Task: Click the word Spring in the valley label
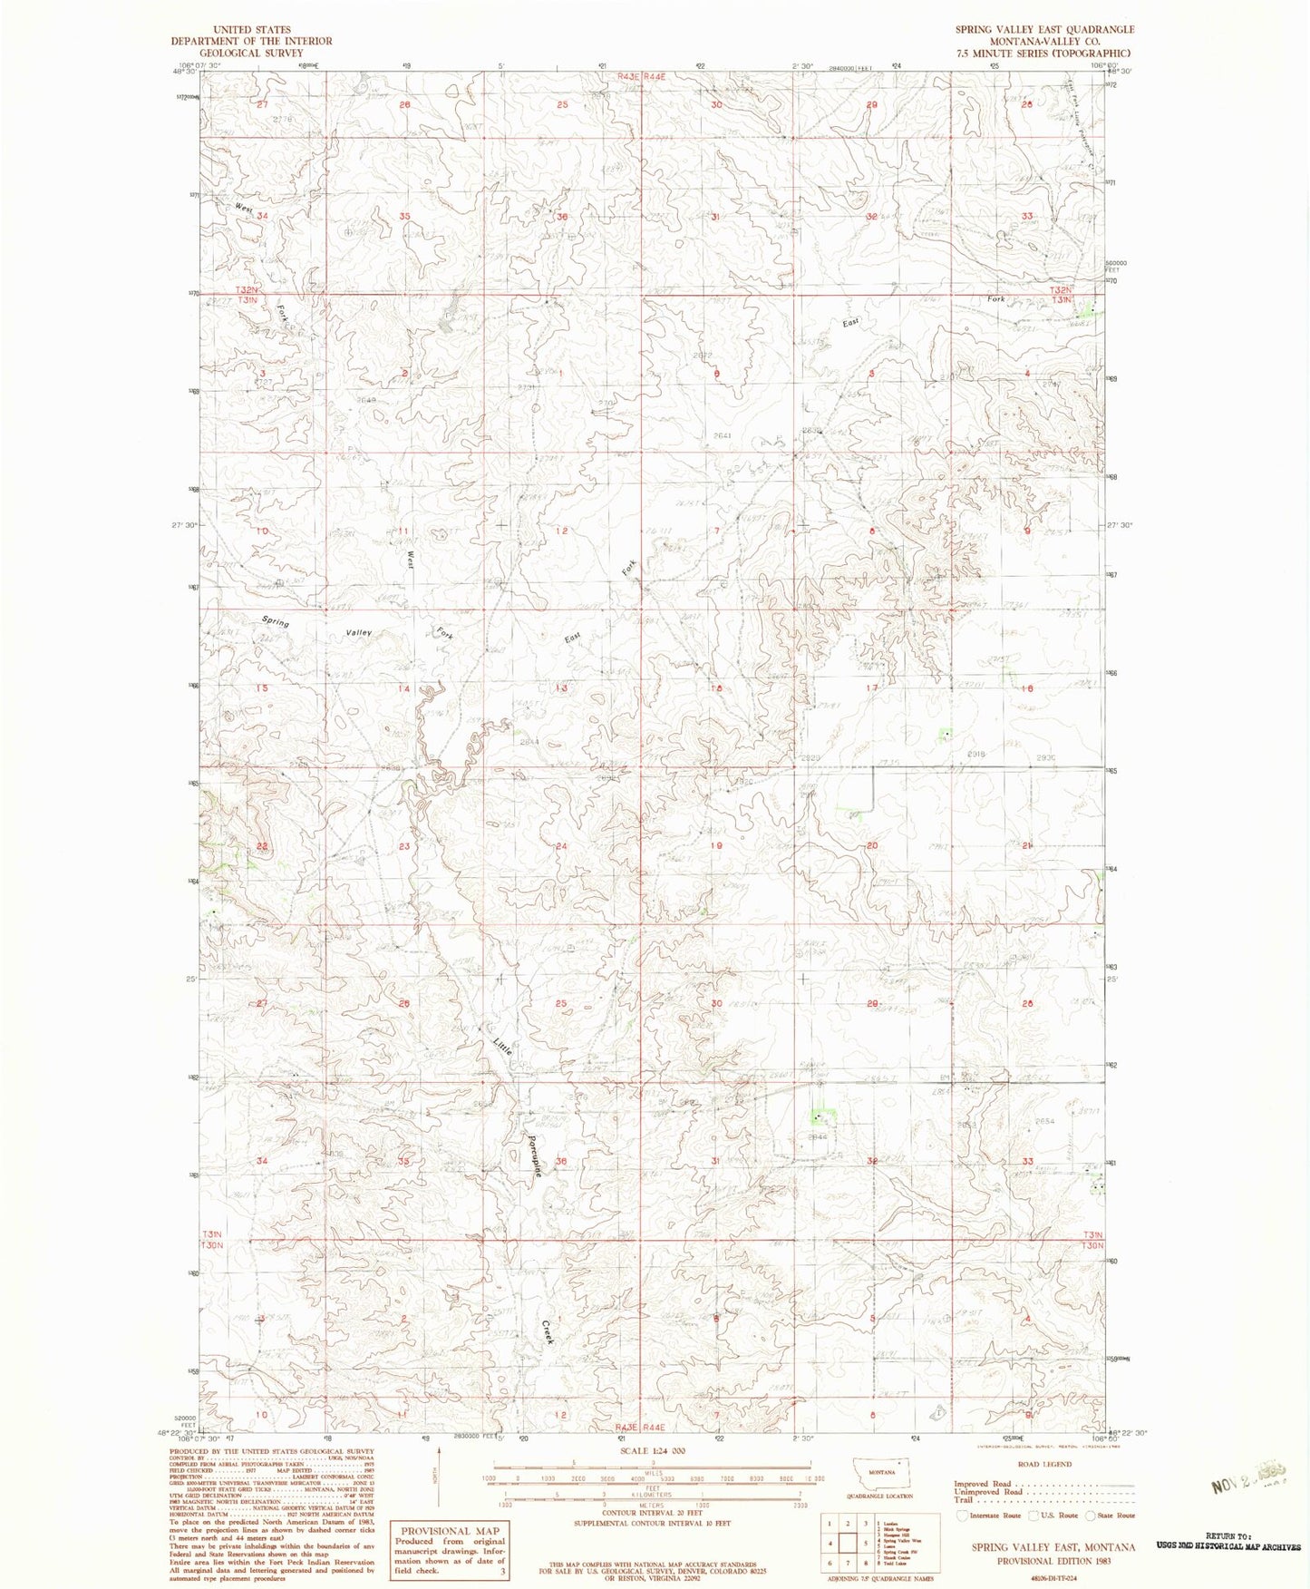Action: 276,622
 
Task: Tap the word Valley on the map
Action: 357,632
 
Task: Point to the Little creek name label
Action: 503,1044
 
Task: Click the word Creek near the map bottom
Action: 548,1331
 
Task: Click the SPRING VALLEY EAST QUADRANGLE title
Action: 1043,30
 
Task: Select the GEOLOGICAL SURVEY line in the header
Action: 252,53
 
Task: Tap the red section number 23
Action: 403,846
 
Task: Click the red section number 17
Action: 872,688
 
